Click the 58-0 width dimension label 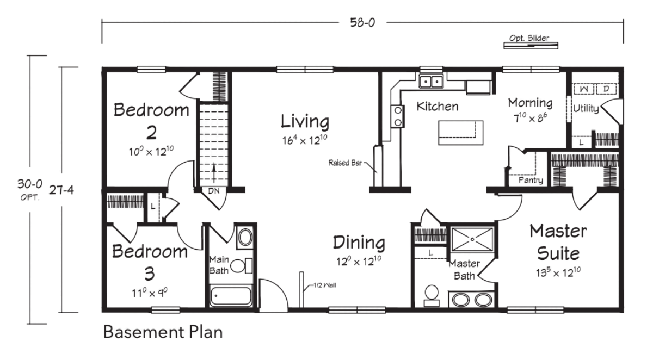coord(362,22)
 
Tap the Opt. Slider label coord(529,38)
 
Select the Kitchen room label coord(438,106)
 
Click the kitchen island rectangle coord(460,133)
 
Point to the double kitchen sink coord(431,81)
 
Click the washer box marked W coord(583,89)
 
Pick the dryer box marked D coord(606,89)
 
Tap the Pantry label coord(531,181)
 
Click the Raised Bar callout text coord(345,163)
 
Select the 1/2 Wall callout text coord(325,285)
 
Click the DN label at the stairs coord(214,191)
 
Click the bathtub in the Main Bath coord(231,296)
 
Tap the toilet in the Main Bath coord(242,265)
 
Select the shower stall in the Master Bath coord(472,239)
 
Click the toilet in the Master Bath coord(432,295)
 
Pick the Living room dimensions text coord(305,140)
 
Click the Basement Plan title coord(163,332)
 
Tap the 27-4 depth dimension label coord(61,190)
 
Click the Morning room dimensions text coord(530,117)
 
